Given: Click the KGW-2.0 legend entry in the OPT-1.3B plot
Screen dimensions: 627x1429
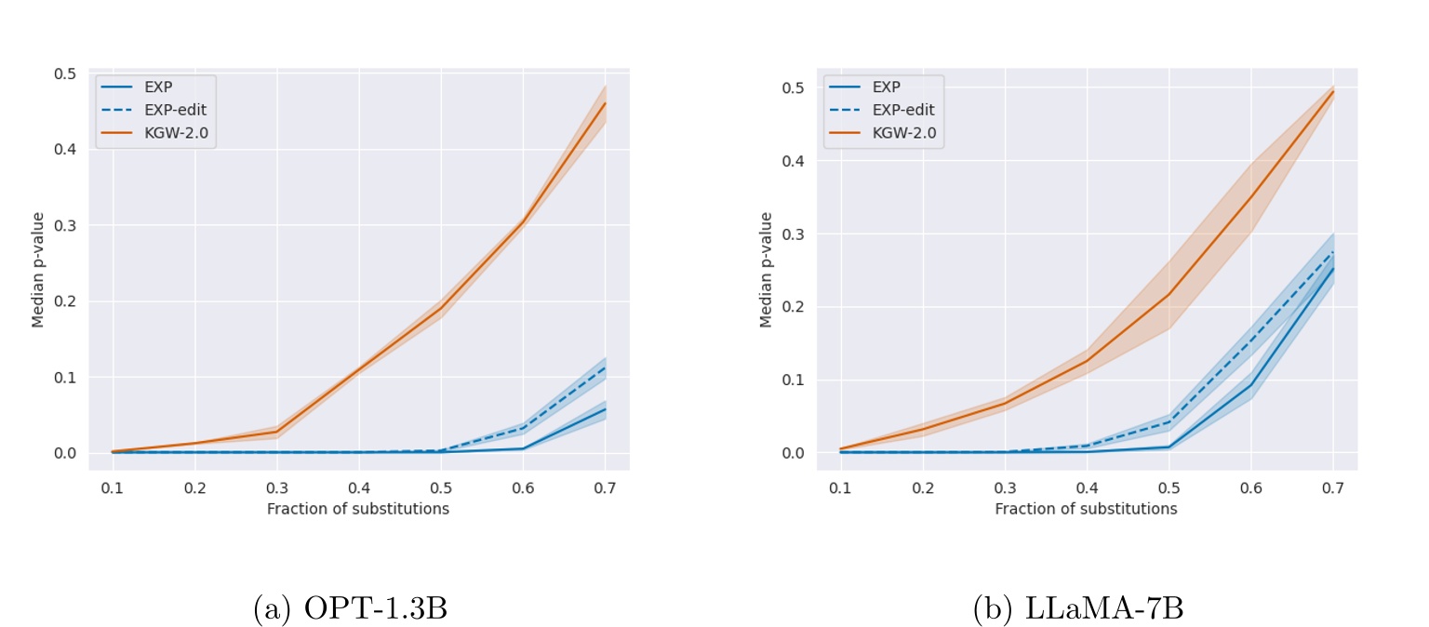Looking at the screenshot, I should (x=167, y=132).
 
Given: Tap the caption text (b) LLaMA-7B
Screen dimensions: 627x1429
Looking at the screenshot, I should (x=1077, y=608).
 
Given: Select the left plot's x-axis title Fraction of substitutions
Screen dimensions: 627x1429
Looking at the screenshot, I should (x=358, y=509).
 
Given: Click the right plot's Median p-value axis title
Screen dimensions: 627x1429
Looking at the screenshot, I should (x=767, y=270).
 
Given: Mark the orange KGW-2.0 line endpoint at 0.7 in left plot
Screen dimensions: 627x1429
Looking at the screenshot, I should (x=605, y=102).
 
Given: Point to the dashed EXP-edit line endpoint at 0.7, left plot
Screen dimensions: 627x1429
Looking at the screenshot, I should (x=605, y=367).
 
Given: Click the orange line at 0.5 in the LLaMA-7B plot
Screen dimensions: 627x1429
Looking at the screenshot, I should (x=1169, y=294).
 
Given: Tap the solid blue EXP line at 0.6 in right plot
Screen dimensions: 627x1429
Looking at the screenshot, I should (x=1251, y=384).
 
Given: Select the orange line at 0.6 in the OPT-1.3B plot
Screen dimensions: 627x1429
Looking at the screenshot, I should (x=523, y=221).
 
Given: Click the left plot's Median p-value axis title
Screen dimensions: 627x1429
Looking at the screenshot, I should (x=38, y=270).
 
